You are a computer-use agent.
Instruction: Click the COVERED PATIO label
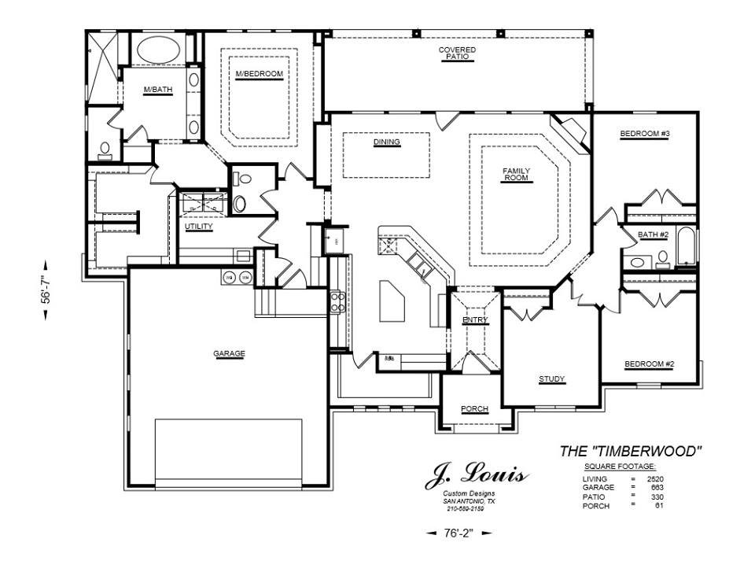tap(457, 53)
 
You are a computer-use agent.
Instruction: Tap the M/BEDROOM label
tap(259, 74)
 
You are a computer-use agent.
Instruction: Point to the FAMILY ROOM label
tap(517, 175)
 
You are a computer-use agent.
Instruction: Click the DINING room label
tap(387, 142)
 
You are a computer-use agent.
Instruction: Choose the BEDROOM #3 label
tap(644, 134)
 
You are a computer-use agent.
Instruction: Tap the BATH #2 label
tap(653, 234)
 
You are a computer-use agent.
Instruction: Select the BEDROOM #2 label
tap(649, 364)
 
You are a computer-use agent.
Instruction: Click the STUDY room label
tap(551, 379)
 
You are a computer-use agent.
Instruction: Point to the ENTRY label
tap(475, 320)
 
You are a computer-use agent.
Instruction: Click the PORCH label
tap(474, 409)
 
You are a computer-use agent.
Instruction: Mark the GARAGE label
tap(229, 353)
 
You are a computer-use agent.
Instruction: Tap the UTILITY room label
tap(199, 227)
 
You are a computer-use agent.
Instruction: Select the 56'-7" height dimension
tap(46, 288)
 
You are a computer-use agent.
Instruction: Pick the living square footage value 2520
tap(656, 478)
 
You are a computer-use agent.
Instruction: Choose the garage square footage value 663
tap(658, 487)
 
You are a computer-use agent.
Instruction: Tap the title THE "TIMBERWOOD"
tap(630, 451)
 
